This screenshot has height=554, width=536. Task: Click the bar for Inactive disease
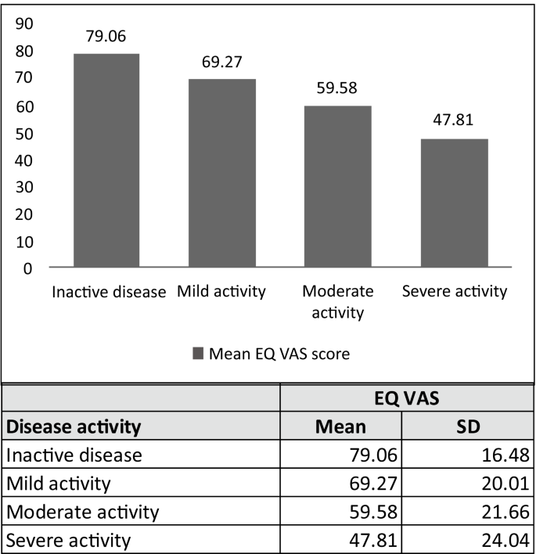(x=106, y=161)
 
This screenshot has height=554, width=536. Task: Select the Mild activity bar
(x=222, y=174)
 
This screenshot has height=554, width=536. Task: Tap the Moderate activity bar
(x=338, y=187)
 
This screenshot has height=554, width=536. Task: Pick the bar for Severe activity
(x=455, y=203)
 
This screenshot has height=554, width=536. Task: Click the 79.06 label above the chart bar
(x=106, y=36)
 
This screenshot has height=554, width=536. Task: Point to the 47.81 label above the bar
(x=455, y=121)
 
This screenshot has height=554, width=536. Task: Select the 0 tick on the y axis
(x=28, y=268)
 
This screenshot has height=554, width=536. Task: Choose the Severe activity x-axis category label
(x=455, y=292)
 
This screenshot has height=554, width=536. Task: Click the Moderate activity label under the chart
(x=338, y=302)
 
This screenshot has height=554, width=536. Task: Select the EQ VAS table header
(x=408, y=398)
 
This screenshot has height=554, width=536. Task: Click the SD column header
(x=468, y=427)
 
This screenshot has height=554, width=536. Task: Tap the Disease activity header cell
(x=74, y=427)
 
